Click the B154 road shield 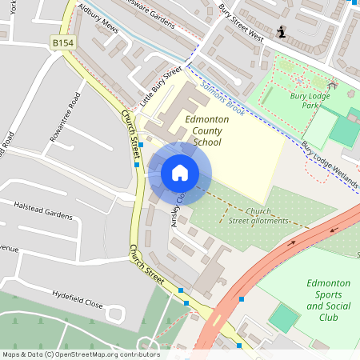(61, 42)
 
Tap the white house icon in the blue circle (180, 173)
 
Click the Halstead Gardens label (42, 210)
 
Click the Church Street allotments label (257, 216)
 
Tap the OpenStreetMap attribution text (80, 354)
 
